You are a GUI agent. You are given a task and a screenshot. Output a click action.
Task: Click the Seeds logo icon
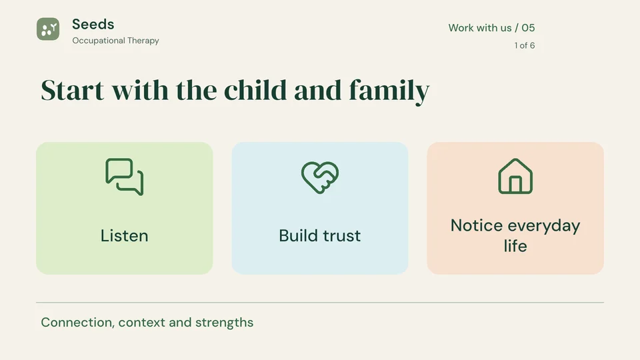click(48, 29)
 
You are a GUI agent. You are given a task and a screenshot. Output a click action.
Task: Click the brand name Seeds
click(93, 24)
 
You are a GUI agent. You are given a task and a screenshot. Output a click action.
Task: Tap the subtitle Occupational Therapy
click(115, 41)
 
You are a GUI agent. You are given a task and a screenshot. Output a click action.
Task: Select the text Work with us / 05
click(491, 28)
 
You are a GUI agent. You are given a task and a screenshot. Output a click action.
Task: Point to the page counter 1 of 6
click(525, 45)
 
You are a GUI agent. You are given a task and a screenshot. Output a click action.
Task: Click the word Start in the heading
click(72, 90)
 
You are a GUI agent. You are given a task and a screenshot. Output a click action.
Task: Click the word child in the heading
click(255, 89)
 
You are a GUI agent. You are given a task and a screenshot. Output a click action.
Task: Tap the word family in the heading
click(389, 91)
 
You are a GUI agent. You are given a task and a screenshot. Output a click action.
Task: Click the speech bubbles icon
click(125, 177)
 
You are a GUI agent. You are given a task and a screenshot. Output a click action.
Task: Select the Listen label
click(125, 235)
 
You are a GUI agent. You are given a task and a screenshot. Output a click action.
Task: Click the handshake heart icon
click(320, 177)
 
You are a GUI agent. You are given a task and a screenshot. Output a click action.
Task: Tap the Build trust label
click(320, 235)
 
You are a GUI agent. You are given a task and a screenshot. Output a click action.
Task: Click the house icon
click(515, 176)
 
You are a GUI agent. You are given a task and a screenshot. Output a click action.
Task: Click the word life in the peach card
click(515, 246)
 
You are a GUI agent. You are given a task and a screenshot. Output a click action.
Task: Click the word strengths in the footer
click(224, 323)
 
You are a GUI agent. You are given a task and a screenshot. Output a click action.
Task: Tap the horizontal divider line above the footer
click(320, 303)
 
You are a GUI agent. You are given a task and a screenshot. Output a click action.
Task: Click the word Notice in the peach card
click(477, 225)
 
